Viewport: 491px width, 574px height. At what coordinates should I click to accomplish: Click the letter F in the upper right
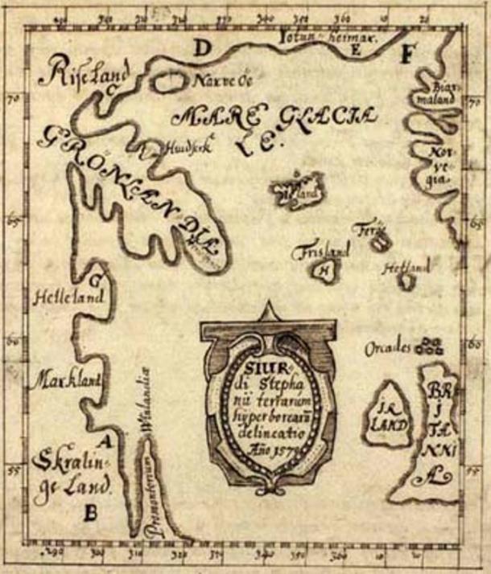[407, 54]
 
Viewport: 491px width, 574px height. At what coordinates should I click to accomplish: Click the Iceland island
[298, 190]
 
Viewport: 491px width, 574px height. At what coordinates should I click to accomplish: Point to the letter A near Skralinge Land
[102, 440]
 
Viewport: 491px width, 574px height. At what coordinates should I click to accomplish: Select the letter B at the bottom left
[91, 509]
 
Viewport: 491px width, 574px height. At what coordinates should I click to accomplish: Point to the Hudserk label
[179, 147]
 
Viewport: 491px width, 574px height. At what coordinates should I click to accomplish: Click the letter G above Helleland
[97, 281]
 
